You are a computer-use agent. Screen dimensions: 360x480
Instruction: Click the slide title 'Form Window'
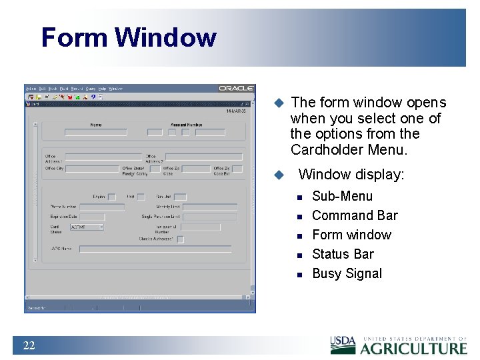(x=129, y=37)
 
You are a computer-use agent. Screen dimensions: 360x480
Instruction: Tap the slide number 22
(x=29, y=345)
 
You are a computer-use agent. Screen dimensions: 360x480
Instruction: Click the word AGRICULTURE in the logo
(x=414, y=348)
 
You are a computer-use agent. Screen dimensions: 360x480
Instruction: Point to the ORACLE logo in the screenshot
(x=236, y=88)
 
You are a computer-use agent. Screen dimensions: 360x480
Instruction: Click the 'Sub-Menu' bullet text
(x=342, y=196)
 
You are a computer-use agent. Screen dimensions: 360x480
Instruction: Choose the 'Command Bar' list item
(x=355, y=215)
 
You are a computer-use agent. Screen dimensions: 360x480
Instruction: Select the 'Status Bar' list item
(x=343, y=254)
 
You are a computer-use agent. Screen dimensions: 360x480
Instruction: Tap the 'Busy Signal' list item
(x=347, y=273)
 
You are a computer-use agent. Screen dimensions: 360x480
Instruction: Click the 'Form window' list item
(x=351, y=235)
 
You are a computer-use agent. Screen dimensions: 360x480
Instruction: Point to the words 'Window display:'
(x=351, y=175)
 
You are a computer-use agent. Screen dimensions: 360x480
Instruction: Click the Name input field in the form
(x=95, y=132)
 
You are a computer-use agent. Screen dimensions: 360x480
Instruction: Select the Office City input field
(x=91, y=169)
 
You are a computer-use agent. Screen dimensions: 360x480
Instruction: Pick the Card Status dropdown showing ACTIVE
(x=87, y=227)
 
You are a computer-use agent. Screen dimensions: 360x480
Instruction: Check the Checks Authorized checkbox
(x=180, y=239)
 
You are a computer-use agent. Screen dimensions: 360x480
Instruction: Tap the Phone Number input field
(x=101, y=207)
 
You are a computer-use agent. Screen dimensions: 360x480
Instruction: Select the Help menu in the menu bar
(x=102, y=88)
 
